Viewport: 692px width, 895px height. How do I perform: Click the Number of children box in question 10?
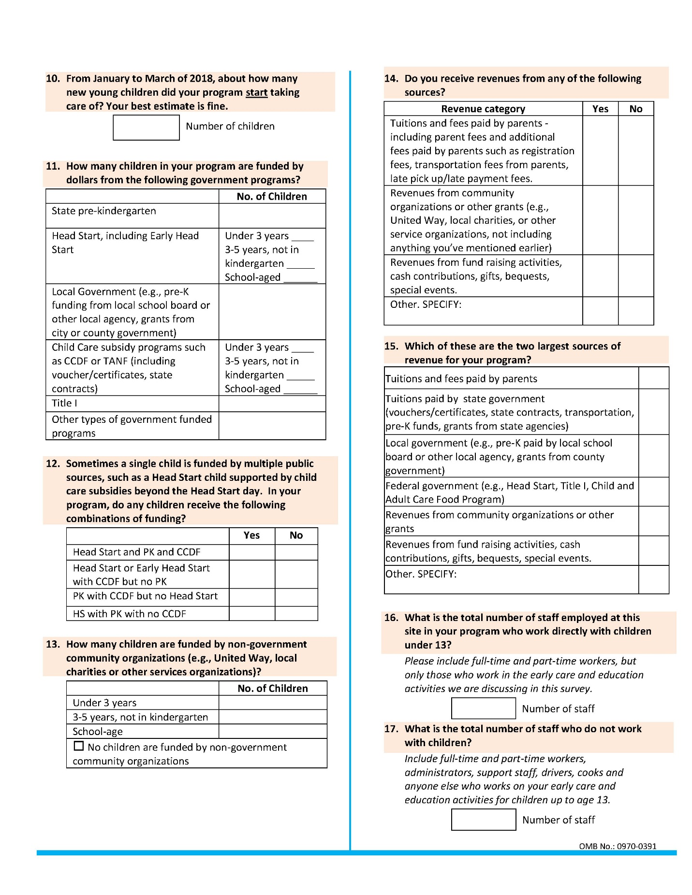[x=146, y=128]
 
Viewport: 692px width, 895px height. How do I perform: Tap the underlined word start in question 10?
[x=256, y=92]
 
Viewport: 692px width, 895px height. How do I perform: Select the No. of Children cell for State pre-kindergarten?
[x=272, y=216]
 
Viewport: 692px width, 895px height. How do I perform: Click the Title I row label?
[x=64, y=403]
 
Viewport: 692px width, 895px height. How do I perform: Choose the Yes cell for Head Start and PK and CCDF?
[x=251, y=552]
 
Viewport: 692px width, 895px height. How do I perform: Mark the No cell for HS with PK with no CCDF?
[x=296, y=614]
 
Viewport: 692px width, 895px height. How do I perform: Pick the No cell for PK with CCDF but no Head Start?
[x=296, y=597]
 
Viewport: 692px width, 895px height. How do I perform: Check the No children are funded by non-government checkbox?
[x=78, y=746]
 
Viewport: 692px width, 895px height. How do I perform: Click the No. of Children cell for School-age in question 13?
[x=272, y=731]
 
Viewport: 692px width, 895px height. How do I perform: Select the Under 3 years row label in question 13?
[x=104, y=703]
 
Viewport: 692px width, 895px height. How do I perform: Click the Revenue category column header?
[x=483, y=109]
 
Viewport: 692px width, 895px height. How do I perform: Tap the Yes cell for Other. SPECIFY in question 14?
[x=600, y=310]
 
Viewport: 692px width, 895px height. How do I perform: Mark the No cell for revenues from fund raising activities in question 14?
[x=635, y=275]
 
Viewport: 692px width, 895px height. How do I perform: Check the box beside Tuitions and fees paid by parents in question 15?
[x=653, y=378]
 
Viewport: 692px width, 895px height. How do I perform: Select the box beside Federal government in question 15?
[x=653, y=492]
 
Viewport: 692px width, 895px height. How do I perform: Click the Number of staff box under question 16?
[x=483, y=708]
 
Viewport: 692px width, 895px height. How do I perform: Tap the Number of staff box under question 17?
[x=483, y=820]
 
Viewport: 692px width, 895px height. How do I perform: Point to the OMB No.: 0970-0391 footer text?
[x=618, y=846]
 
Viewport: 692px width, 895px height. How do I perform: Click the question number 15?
[x=391, y=346]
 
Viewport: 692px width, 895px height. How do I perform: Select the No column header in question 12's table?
[x=296, y=535]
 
